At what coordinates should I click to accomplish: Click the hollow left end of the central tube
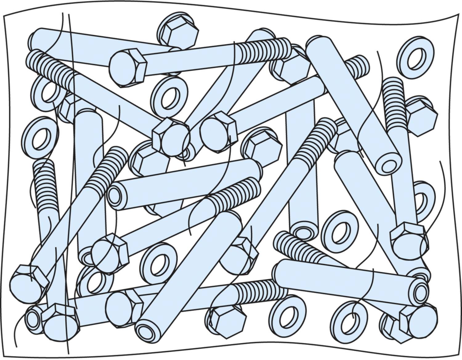tap(115, 197)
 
